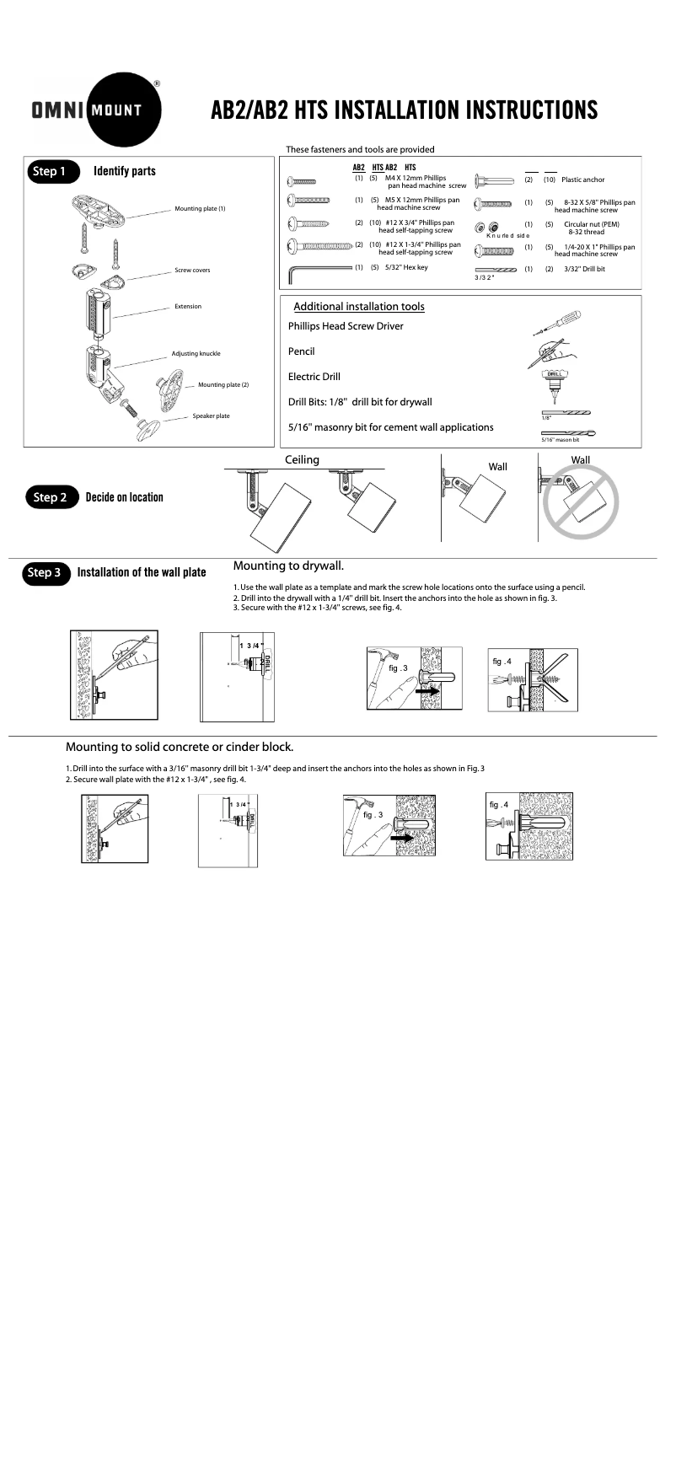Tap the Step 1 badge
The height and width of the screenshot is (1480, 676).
click(x=51, y=171)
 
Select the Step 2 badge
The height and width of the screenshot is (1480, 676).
click(x=51, y=497)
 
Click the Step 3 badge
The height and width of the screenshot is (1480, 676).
click(x=46, y=572)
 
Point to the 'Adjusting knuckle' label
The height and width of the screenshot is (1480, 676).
click(x=196, y=354)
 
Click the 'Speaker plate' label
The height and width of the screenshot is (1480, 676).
click(x=211, y=416)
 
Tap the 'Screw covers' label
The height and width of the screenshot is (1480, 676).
click(x=192, y=271)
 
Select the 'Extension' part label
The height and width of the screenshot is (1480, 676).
click(x=188, y=307)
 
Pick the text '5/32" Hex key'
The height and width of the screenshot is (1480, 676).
click(x=406, y=268)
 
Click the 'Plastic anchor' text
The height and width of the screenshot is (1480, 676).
click(x=582, y=180)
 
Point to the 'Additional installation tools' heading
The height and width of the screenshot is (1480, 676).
click(x=358, y=307)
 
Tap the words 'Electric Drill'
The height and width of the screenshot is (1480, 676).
click(x=314, y=377)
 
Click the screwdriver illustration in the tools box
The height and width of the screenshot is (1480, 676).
click(x=558, y=323)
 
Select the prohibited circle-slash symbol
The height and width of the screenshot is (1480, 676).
click(x=580, y=501)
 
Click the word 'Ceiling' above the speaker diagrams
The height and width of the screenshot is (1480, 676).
click(x=302, y=460)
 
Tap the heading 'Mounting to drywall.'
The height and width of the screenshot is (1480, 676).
click(x=288, y=566)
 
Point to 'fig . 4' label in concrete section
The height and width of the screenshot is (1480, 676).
click(x=499, y=804)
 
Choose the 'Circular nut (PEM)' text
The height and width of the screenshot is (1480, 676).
click(x=591, y=224)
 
